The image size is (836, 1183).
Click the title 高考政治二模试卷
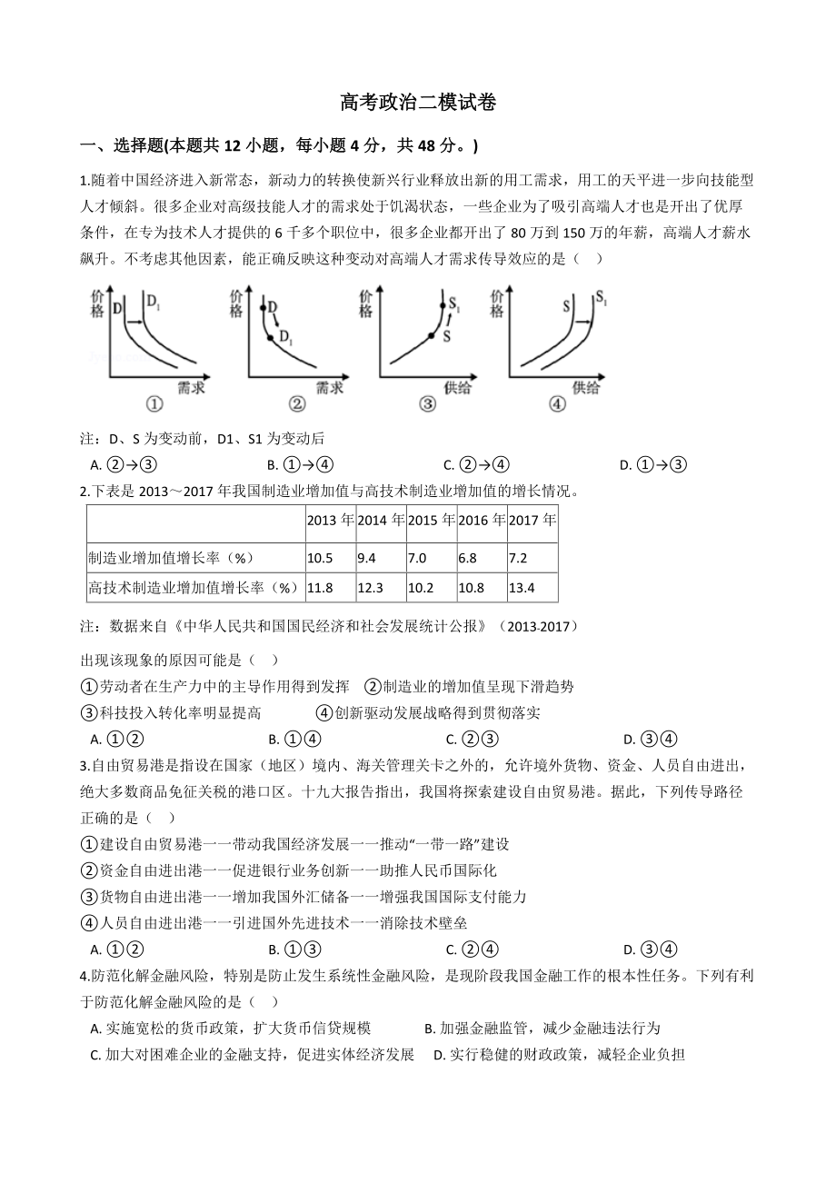coord(418,103)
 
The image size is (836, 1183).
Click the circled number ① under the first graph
coord(154,404)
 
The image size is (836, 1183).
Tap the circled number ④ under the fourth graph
coord(557,404)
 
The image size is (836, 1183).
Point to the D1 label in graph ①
coord(152,300)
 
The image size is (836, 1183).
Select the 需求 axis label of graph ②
coord(328,387)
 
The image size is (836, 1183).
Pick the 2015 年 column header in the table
coord(431,521)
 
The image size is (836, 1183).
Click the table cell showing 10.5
coord(320,558)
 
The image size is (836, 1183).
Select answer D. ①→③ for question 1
coord(652,465)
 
